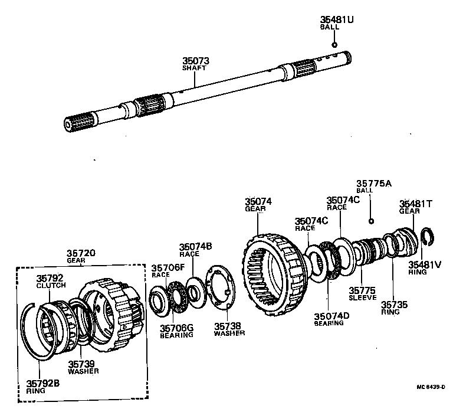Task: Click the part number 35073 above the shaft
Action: [195, 61]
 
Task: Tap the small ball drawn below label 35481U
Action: [334, 44]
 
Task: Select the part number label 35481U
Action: [337, 19]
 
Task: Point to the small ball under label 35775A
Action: [370, 221]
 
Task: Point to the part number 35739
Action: [83, 364]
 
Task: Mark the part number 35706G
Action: [176, 328]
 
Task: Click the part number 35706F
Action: [168, 267]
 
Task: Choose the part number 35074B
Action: [196, 247]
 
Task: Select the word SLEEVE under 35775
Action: [362, 298]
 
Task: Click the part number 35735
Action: [394, 305]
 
